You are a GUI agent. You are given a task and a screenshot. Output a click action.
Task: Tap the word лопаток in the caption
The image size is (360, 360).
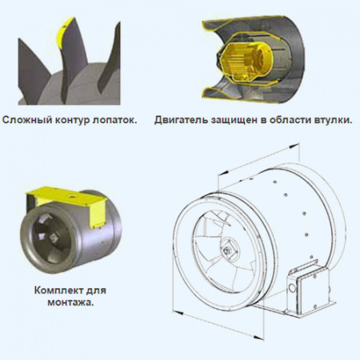click(x=114, y=121)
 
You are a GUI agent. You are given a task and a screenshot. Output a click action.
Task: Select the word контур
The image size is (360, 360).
click(x=71, y=121)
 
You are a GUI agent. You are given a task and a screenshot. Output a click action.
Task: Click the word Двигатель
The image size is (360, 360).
click(x=181, y=120)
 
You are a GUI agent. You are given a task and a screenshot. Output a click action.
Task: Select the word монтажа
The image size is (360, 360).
click(x=70, y=303)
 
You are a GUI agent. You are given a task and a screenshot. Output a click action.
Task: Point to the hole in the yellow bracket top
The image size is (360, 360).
click(x=71, y=197)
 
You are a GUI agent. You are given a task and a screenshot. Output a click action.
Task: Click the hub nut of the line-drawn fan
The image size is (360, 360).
click(x=227, y=250)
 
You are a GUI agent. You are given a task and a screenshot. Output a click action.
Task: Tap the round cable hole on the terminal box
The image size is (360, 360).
click(x=292, y=288)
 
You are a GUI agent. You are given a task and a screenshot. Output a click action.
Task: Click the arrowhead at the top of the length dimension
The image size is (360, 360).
click(x=294, y=146)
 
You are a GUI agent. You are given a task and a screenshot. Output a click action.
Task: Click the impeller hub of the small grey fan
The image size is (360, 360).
click(x=53, y=236)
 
